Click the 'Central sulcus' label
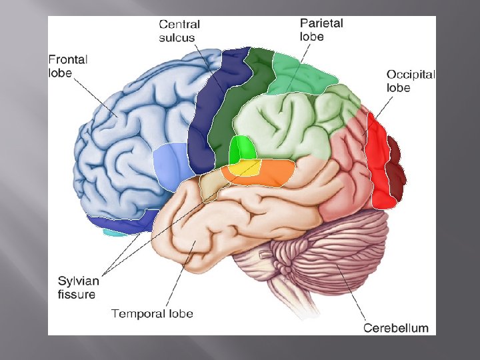tap(179, 31)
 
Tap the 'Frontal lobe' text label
tap(68, 66)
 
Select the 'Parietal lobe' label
tap(321, 29)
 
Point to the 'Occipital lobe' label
tap(411, 81)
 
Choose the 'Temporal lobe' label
tap(151, 313)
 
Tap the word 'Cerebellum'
tap(395, 327)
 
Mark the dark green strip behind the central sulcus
tap(233, 107)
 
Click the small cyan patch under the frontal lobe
tap(115, 233)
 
